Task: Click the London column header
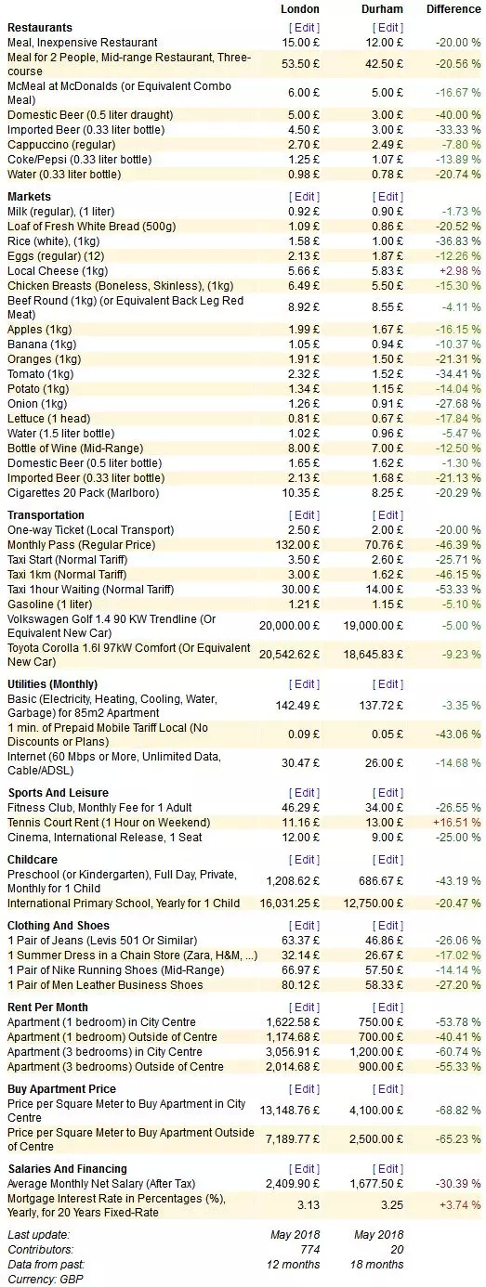(299, 8)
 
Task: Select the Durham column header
(382, 8)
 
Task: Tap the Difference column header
(453, 8)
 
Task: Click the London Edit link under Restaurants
(304, 27)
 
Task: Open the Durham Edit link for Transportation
(387, 514)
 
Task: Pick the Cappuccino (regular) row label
(61, 144)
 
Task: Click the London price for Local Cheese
(304, 270)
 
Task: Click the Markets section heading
(30, 197)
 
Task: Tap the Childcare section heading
(33, 859)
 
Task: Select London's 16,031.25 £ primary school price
(290, 903)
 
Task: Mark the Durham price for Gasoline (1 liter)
(387, 604)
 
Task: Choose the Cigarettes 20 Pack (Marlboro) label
(84, 492)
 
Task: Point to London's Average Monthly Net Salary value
(293, 1183)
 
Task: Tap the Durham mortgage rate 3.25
(392, 1204)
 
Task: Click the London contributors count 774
(310, 1249)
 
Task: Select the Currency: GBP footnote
(46, 1279)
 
